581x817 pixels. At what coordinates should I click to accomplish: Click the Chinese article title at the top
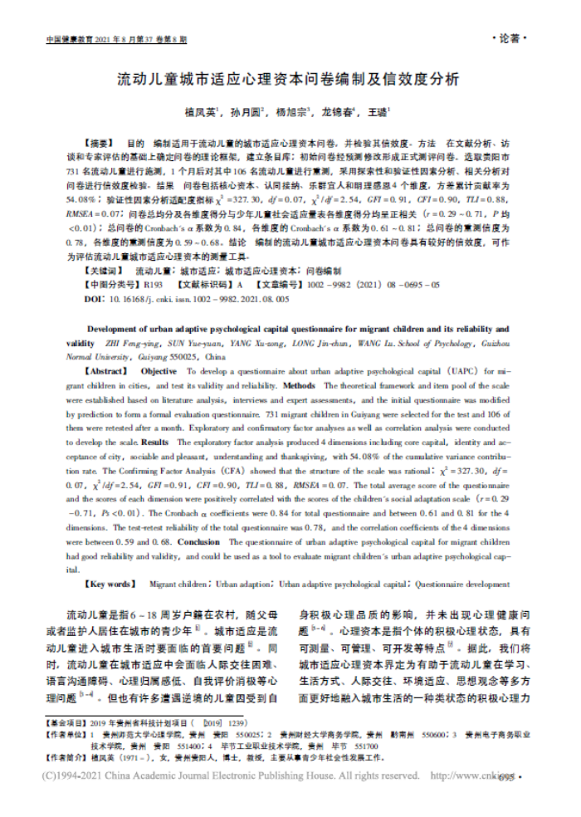tap(286, 81)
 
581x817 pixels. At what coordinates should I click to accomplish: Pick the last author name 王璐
tap(378, 110)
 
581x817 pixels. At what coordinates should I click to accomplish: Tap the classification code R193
tap(153, 284)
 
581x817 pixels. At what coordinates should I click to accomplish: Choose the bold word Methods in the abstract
tap(300, 386)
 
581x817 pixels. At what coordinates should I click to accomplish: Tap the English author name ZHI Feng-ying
tap(134, 342)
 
